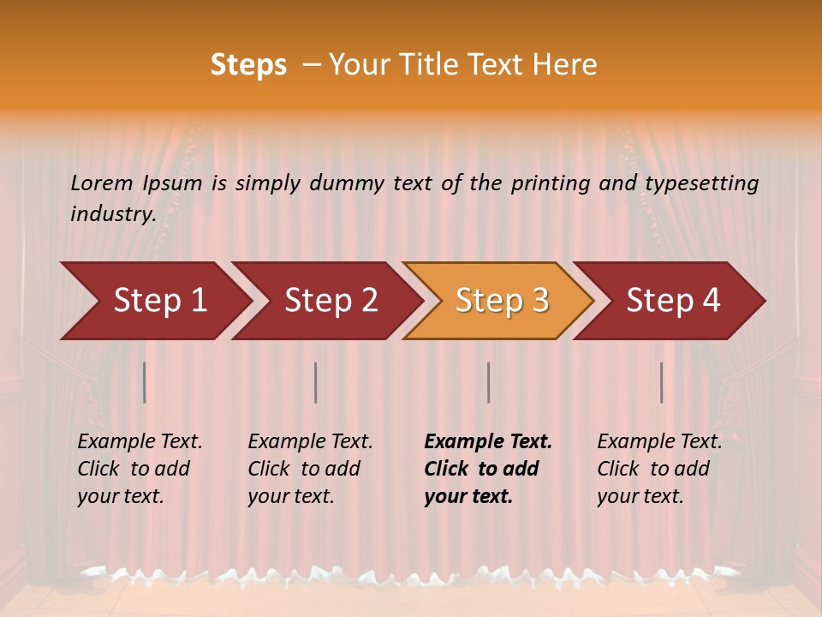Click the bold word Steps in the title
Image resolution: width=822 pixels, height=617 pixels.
[x=248, y=65]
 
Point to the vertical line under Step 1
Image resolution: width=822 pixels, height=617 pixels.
[x=145, y=382]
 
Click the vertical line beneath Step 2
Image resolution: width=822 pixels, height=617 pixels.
[x=316, y=382]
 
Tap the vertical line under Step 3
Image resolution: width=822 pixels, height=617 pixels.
[x=488, y=382]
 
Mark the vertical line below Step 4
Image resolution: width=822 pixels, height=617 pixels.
[x=661, y=382]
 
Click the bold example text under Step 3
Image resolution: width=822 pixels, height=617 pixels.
[x=487, y=469]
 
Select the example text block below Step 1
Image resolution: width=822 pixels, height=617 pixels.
[x=140, y=469]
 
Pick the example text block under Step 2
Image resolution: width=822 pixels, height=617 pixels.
[x=310, y=469]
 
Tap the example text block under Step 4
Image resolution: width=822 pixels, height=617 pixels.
[x=659, y=469]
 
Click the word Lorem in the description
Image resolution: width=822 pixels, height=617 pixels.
[x=102, y=183]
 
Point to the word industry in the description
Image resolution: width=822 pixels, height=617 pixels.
[x=112, y=214]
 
